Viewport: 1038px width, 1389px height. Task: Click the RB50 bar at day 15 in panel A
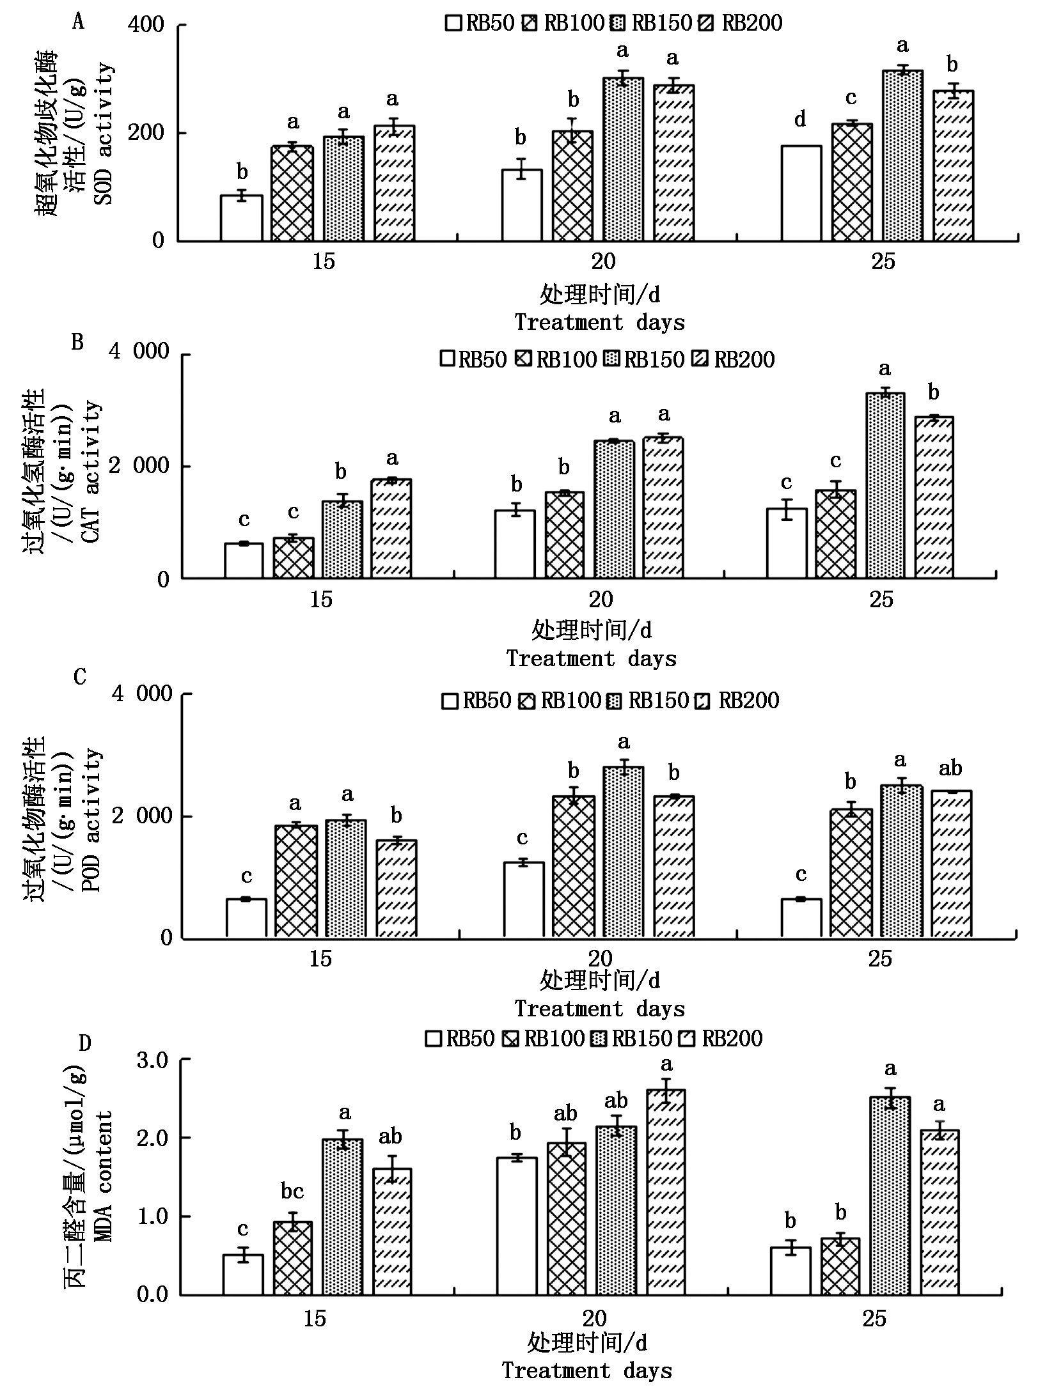241,218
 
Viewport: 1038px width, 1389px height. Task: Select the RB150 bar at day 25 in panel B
885,486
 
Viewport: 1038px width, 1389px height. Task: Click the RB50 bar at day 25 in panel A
801,193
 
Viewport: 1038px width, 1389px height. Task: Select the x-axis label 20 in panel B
600,600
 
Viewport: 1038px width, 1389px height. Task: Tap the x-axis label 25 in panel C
880,959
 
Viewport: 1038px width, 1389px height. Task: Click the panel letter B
77,343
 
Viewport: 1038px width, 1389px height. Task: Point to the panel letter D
85,1043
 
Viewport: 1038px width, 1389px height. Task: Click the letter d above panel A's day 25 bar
800,120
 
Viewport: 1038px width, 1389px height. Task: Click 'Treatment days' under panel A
599,322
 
